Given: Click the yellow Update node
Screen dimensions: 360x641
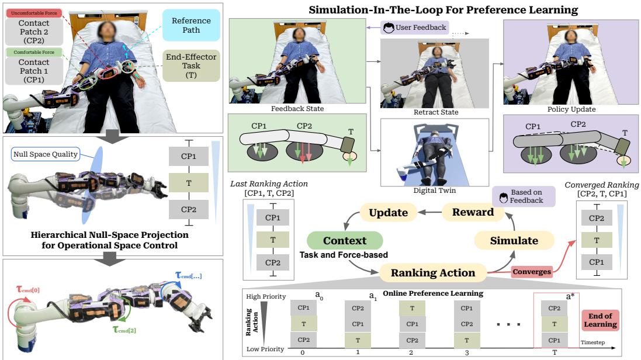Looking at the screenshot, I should pyautogui.click(x=389, y=212).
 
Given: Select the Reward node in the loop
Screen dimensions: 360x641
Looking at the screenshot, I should pyautogui.click(x=473, y=212).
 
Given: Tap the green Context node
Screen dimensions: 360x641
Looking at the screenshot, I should pyautogui.click(x=345, y=240).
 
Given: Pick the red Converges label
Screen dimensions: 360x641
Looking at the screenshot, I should pyautogui.click(x=532, y=272).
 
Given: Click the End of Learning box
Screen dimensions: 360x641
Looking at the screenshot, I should pyautogui.click(x=601, y=320).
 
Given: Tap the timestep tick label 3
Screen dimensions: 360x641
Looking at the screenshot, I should pyautogui.click(x=466, y=352).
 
